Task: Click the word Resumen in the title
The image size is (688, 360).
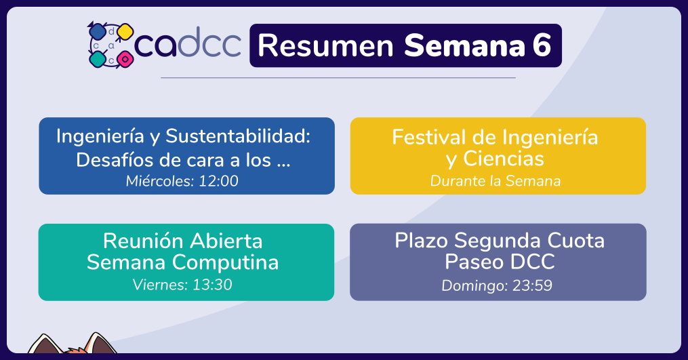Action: point(325,45)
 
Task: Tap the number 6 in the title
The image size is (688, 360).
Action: point(542,45)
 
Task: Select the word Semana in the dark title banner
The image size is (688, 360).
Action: point(464,45)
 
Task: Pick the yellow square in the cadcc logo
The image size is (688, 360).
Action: point(125,31)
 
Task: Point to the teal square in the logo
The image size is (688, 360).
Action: point(98,59)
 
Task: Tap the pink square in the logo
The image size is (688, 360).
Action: point(125,59)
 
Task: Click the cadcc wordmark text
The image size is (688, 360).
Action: point(188,43)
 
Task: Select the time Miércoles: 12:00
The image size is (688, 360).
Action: point(182,181)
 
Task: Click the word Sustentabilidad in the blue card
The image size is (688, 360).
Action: point(238,136)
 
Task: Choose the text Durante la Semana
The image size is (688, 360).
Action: point(495,181)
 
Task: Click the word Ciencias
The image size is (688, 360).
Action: point(504,159)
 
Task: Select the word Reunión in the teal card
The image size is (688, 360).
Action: point(143,241)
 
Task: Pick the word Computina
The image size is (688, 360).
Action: point(225,262)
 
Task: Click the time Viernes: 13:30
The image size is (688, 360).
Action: point(182,285)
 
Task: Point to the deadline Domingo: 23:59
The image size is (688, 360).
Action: point(497,285)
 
